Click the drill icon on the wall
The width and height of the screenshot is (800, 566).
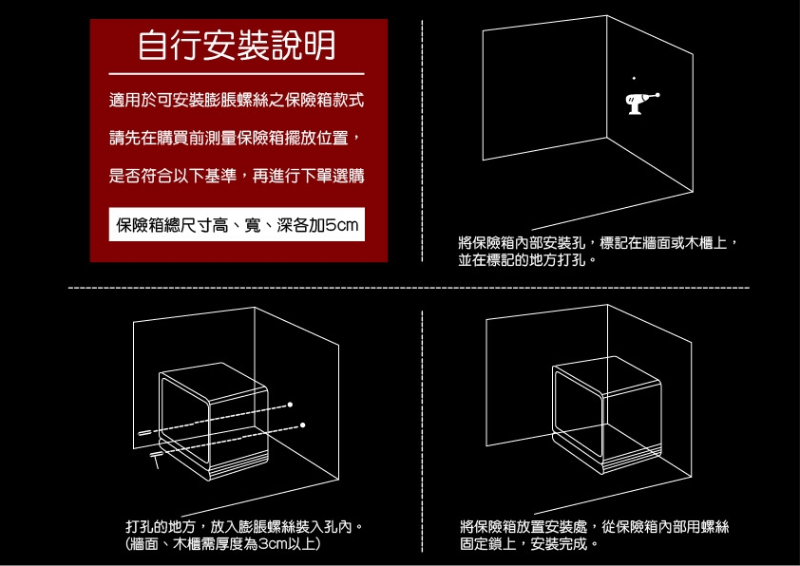click(639, 102)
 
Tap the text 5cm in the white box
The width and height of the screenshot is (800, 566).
click(340, 225)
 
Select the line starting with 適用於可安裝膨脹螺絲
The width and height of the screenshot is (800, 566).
click(237, 100)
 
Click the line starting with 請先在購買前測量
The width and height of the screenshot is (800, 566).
click(235, 139)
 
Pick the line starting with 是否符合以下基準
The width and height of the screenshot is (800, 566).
click(237, 177)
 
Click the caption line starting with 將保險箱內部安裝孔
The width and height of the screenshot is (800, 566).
click(598, 243)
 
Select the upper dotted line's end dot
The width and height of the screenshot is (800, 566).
click(290, 406)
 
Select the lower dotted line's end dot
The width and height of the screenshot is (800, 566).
click(303, 424)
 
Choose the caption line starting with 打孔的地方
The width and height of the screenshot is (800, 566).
click(245, 527)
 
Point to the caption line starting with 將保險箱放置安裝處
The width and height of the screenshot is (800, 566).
click(594, 527)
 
